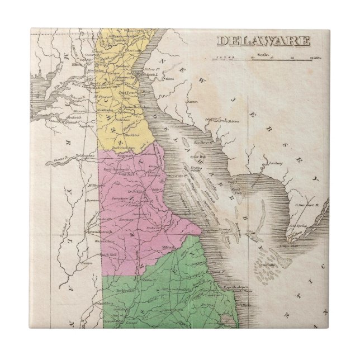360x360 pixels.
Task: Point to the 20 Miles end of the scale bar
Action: [316, 57]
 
